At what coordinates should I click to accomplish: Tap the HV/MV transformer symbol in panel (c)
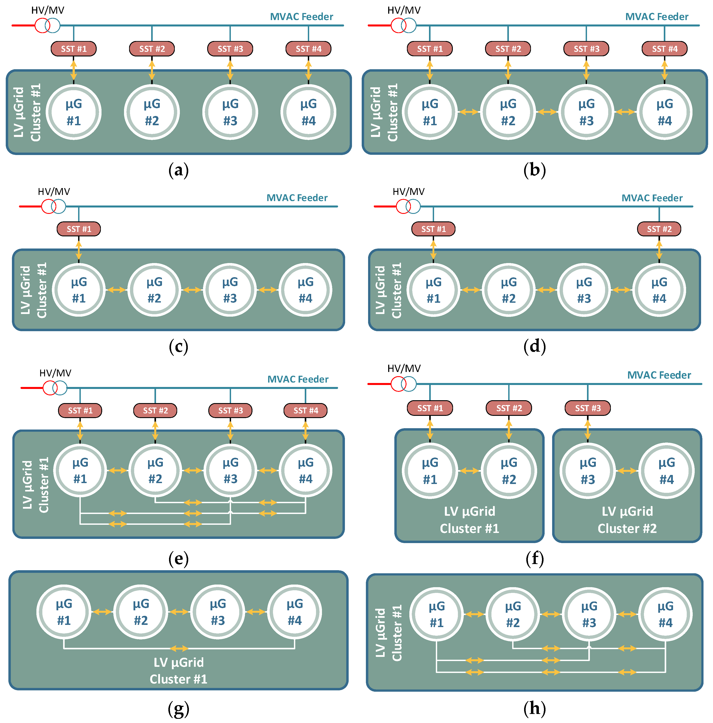[54, 206]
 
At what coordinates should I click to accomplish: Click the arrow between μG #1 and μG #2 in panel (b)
[469, 112]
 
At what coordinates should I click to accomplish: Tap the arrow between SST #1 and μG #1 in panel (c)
[79, 250]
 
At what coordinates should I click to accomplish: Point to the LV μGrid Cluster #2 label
[627, 520]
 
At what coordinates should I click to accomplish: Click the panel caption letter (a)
[178, 170]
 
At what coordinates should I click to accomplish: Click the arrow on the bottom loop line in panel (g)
[179, 648]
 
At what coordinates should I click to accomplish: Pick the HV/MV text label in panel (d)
[408, 192]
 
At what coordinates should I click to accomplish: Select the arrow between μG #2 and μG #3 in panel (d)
[546, 290]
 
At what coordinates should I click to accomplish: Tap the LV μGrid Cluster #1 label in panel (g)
[178, 671]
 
